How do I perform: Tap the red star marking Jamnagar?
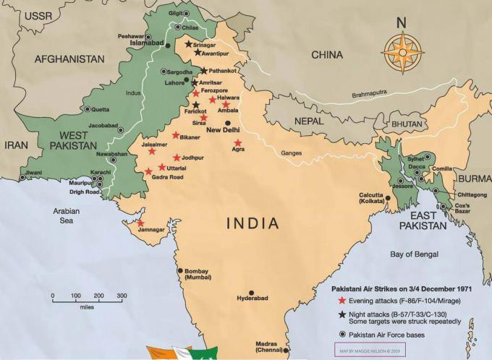point(140,223)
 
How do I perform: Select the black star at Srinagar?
point(188,44)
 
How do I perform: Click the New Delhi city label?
point(223,131)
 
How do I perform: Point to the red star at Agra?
point(237,143)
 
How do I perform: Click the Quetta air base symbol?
point(88,109)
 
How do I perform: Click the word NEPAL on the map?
point(307,121)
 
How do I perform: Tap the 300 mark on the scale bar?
point(122,296)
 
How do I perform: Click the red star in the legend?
point(342,299)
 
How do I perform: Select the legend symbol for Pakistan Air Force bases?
point(342,335)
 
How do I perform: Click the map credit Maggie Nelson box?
point(369,351)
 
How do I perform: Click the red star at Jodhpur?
point(177,158)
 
